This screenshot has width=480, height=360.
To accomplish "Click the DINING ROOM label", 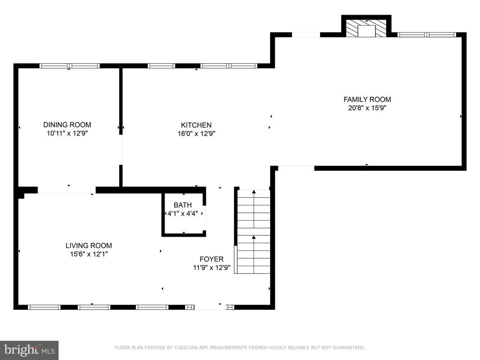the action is click(x=67, y=125).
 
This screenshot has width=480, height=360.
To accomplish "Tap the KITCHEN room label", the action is click(x=196, y=125).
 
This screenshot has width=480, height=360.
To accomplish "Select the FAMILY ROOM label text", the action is click(x=367, y=99).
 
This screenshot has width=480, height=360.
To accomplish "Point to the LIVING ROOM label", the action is click(x=89, y=246).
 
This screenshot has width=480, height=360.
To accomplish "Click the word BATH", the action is click(x=183, y=205).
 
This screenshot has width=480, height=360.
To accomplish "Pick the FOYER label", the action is click(x=211, y=259).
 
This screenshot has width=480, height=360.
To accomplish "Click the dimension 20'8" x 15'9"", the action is click(x=367, y=108).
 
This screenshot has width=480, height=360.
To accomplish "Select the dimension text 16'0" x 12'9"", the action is click(x=196, y=134).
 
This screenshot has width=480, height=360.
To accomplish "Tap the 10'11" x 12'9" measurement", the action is click(x=67, y=133).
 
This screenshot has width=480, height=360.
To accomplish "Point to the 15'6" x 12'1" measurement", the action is click(x=89, y=254).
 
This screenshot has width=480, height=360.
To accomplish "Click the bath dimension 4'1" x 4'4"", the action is click(x=183, y=213).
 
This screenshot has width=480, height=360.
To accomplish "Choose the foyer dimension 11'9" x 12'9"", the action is click(x=211, y=268).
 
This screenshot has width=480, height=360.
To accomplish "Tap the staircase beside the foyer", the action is click(x=254, y=232).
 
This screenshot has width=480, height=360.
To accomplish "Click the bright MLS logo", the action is click(x=30, y=350).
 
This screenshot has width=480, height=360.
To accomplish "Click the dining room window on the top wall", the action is click(x=69, y=66).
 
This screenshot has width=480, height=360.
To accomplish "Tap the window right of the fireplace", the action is click(x=427, y=35).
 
